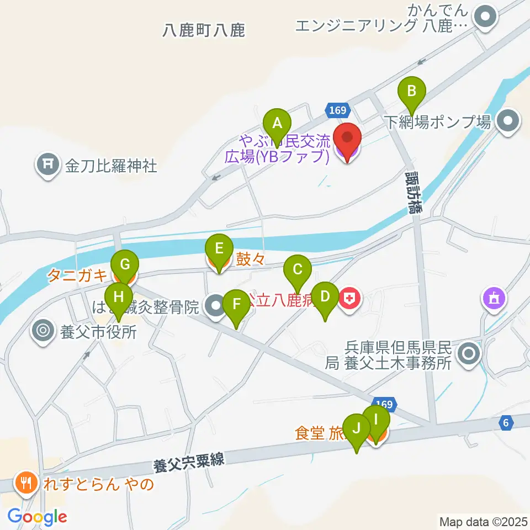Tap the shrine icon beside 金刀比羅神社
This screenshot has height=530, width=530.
[x=49, y=165]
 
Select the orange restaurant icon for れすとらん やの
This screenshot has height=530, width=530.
[x=25, y=484]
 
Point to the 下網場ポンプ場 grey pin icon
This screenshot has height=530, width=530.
[x=507, y=121]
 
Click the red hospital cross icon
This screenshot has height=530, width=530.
[x=349, y=300]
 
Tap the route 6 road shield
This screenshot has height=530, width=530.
[x=505, y=423]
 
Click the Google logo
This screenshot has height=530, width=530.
[x=38, y=517]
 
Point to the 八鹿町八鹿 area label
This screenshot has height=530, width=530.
[x=204, y=30]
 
